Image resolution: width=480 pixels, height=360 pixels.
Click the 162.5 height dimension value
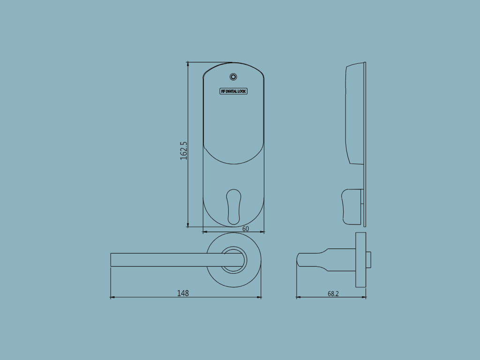click(x=184, y=151)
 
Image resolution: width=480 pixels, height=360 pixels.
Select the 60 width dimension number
click(x=245, y=229)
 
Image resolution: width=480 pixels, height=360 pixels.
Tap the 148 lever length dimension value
click(x=183, y=293)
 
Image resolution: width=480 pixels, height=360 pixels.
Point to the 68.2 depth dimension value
click(x=333, y=294)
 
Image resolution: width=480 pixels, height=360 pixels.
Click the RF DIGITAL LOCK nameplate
click(x=233, y=91)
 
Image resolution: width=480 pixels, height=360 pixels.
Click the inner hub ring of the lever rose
click(x=233, y=260)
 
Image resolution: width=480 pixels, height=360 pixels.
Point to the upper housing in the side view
click(x=354, y=112)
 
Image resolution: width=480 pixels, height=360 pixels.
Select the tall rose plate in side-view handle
click(x=360, y=260)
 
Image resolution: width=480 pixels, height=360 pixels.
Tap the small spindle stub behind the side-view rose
click(x=369, y=260)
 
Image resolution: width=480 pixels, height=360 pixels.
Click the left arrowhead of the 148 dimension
click(x=112, y=297)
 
